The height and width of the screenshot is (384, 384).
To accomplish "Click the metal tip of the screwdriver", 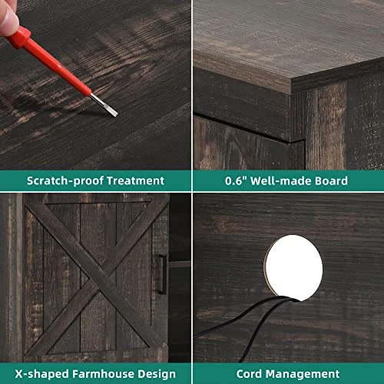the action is pos(116,114).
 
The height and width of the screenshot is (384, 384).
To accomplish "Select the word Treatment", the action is pos(135,180).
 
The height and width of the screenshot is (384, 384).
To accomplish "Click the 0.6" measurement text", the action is pos(236,180).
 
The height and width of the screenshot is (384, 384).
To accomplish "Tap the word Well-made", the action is pos(281,180).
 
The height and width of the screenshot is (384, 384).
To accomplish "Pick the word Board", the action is pos(331,180).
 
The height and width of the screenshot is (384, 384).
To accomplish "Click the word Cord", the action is pos(250,374).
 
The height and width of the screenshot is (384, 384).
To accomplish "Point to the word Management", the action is pos(303,374).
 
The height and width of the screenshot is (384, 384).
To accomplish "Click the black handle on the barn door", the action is pos(162,274).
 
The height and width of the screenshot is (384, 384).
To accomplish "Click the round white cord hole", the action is pos(293,267).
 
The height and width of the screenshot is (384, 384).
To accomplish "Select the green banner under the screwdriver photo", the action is pos(95,180).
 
